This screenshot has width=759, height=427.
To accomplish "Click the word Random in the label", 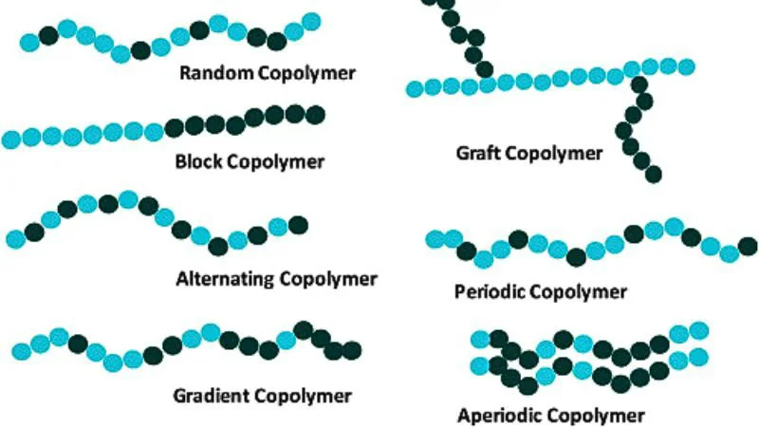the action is pyautogui.click(x=216, y=73).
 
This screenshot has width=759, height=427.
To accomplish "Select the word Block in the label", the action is pyautogui.click(x=198, y=161).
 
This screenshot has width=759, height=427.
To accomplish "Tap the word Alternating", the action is pyautogui.click(x=225, y=279).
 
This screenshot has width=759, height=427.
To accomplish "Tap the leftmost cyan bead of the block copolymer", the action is pyautogui.click(x=11, y=139).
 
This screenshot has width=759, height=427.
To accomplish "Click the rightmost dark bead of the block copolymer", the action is pyautogui.click(x=315, y=115).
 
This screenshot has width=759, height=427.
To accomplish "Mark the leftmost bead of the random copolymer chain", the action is pyautogui.click(x=29, y=43).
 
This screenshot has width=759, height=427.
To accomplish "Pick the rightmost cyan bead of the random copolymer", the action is pyautogui.click(x=311, y=22).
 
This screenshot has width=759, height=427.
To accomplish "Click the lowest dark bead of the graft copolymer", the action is pyautogui.click(x=653, y=175).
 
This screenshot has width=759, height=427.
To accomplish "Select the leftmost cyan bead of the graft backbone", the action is pyautogui.click(x=415, y=89).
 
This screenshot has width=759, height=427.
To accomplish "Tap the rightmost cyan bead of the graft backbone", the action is pyautogui.click(x=686, y=66).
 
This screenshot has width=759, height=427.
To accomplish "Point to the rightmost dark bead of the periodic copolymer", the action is pyautogui.click(x=748, y=246).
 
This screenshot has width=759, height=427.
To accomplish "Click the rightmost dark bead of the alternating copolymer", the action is pyautogui.click(x=298, y=225).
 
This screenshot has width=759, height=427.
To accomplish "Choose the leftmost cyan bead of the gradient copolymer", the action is pyautogui.click(x=22, y=352).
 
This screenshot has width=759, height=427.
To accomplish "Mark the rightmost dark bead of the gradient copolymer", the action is pyautogui.click(x=352, y=350).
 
